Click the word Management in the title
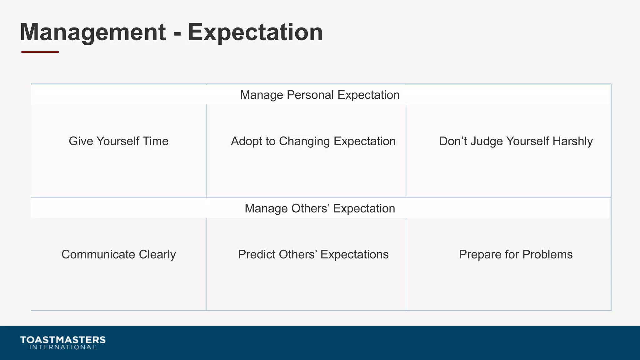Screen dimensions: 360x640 (x=93, y=32)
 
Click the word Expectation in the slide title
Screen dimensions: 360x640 (x=255, y=32)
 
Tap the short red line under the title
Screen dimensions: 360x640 (x=40, y=52)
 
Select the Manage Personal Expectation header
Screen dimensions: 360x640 (x=320, y=95)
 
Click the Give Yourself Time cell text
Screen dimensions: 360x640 (x=118, y=141)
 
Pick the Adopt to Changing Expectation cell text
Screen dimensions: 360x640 (x=313, y=141)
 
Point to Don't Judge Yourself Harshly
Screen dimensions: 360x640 (x=516, y=141)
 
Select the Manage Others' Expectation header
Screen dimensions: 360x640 (x=320, y=208)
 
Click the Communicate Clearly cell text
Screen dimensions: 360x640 (x=118, y=254)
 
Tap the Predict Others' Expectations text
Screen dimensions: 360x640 (x=313, y=254)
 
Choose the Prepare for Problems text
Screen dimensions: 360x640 (x=516, y=254)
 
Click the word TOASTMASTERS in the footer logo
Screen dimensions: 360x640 (x=63, y=340)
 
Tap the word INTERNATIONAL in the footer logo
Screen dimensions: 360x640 (x=62, y=347)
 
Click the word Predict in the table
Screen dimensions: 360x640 (x=257, y=254)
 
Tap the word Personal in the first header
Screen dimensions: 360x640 (x=310, y=95)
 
